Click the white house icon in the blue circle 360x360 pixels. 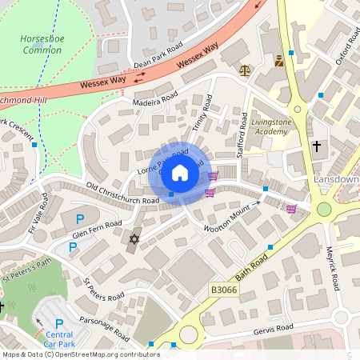pos(180,172)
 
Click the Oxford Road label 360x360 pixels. pos(344,48)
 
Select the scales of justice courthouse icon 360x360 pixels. pos(244,70)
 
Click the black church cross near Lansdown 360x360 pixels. pos(317,146)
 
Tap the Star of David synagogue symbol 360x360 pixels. pos(134,238)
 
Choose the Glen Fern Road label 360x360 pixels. pos(97,228)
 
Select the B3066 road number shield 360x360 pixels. pos(223,290)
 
